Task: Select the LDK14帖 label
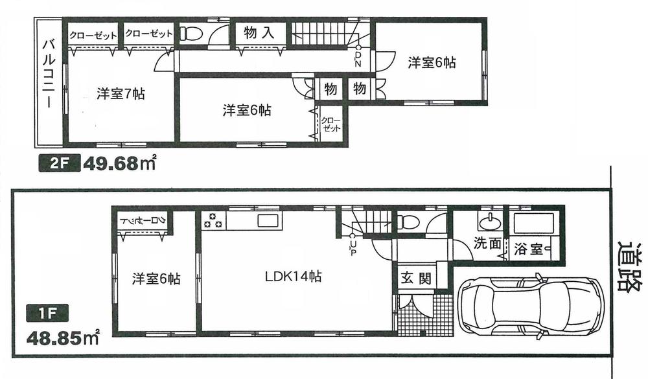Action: point(293,276)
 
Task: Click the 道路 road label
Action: point(628,267)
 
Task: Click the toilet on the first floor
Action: point(408,222)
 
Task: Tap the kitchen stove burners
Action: point(213,220)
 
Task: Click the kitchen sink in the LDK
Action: point(268,220)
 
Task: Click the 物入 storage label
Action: point(259,32)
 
